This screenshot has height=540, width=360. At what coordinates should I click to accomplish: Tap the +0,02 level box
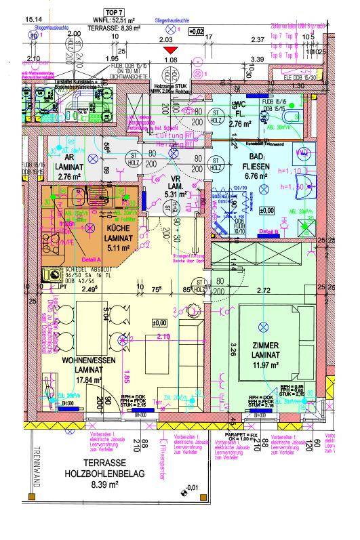197,31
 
